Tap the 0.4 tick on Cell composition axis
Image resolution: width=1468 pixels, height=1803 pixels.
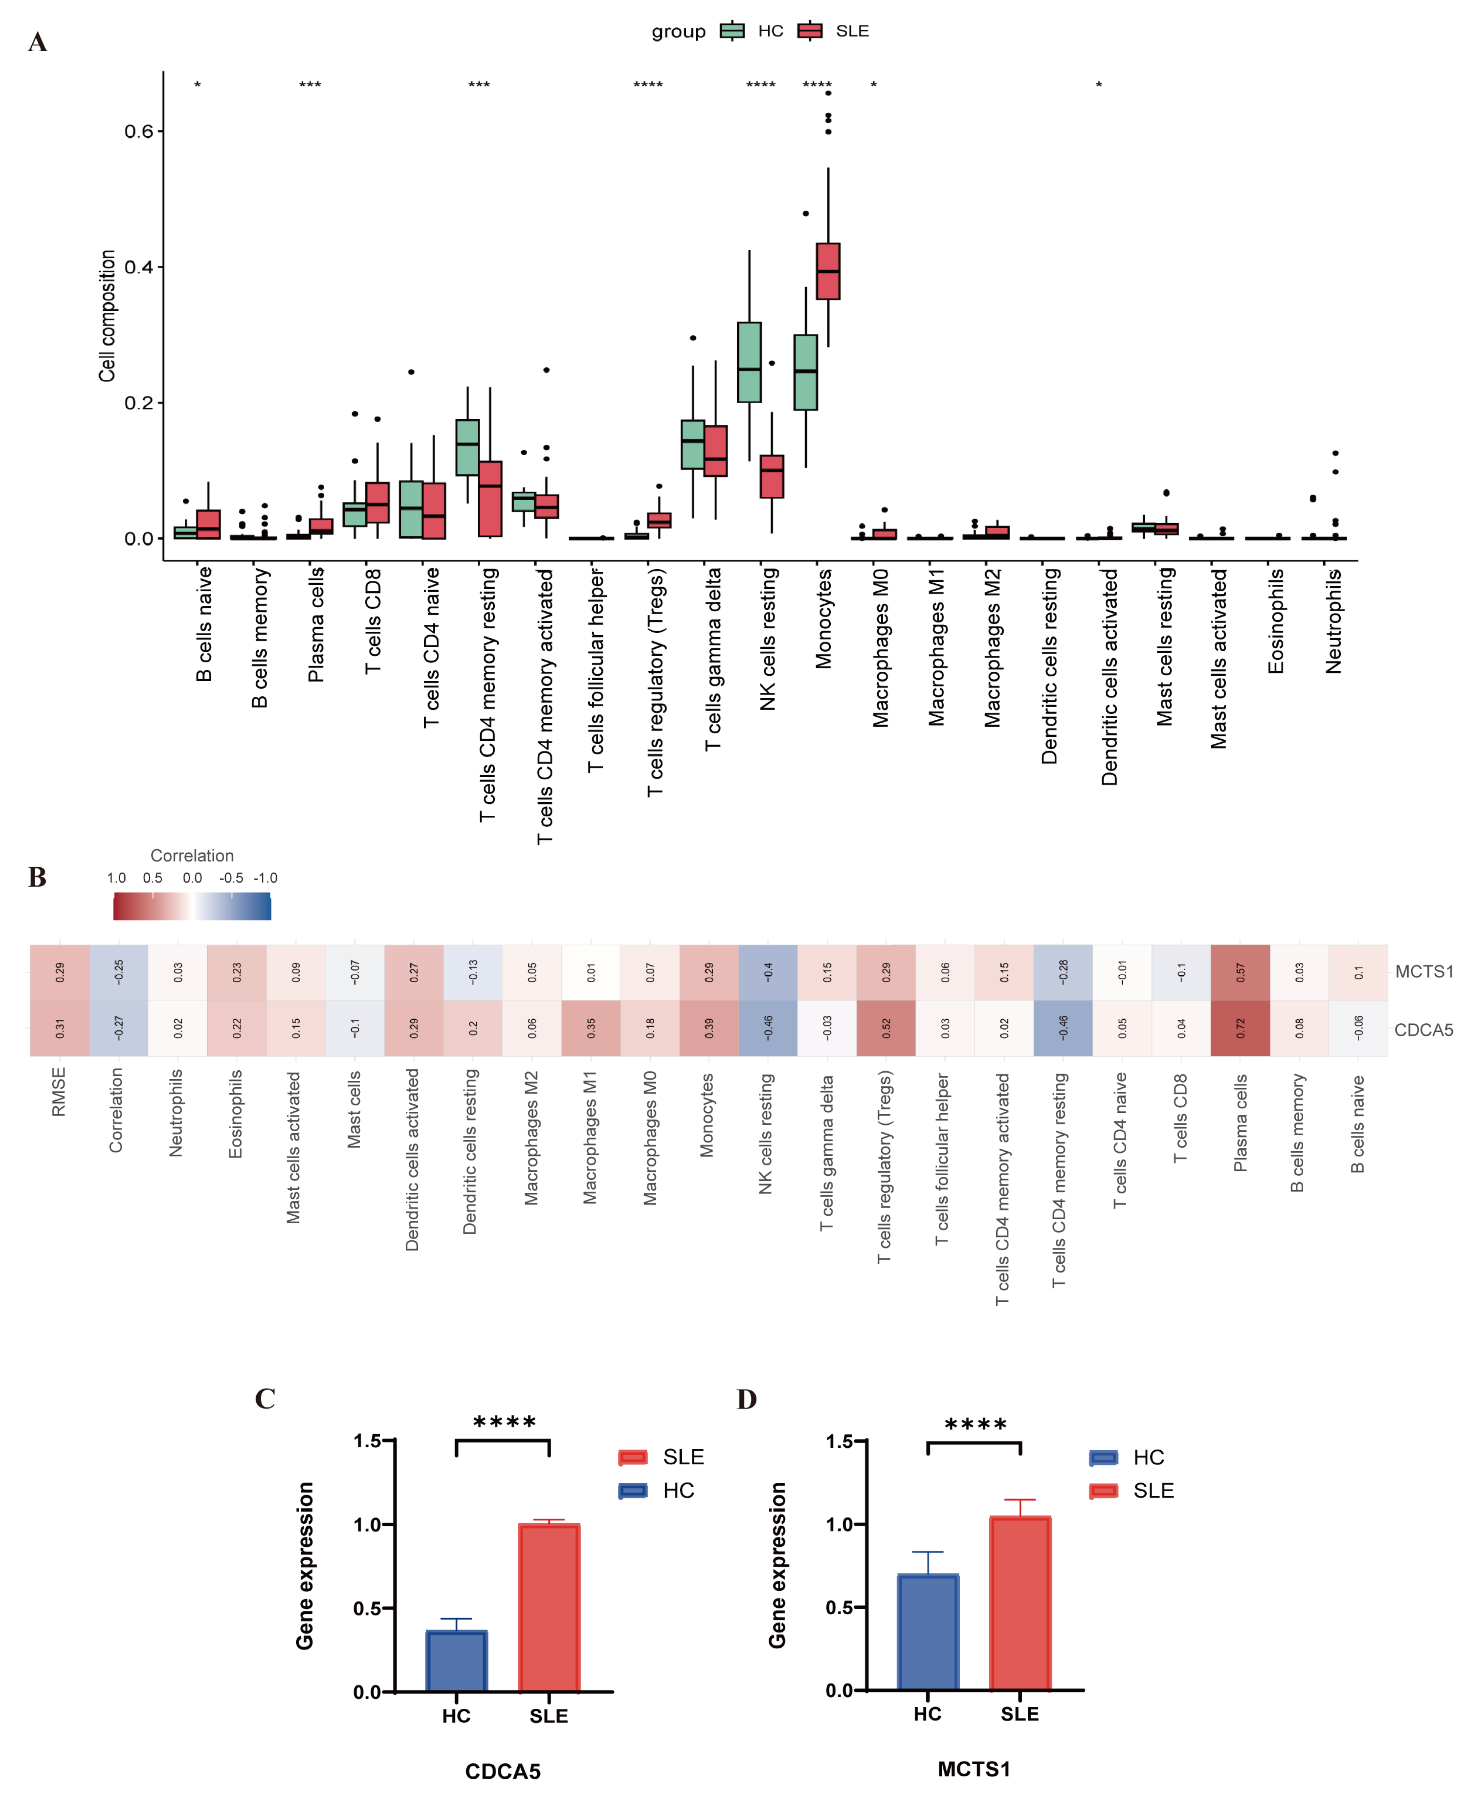click(140, 267)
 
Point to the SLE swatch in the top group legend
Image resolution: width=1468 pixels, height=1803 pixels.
click(810, 31)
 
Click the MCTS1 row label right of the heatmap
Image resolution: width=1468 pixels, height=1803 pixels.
click(1423, 972)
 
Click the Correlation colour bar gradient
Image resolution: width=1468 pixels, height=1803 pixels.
click(192, 906)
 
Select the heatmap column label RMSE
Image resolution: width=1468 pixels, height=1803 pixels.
click(58, 1091)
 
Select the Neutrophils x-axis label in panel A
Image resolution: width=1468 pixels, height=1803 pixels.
click(1333, 621)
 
